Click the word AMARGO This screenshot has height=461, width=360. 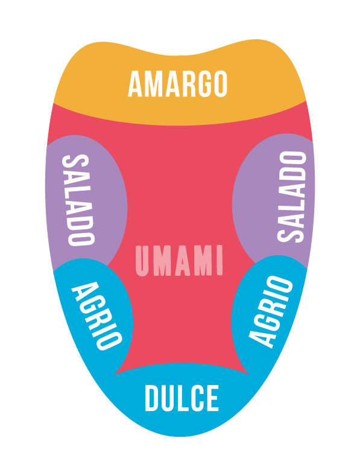tap(177, 84)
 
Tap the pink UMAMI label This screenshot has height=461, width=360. tap(179, 261)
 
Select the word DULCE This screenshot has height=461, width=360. tap(182, 398)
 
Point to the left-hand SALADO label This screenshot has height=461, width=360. tap(78, 200)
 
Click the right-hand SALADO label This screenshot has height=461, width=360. tap(291, 197)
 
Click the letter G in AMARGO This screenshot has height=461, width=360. tap(200, 84)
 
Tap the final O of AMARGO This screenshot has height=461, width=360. tap(219, 84)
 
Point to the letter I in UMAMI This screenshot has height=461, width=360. tap(219, 261)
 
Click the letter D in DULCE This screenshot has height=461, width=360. tap(153, 398)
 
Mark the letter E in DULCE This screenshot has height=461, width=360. tap(212, 398)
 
